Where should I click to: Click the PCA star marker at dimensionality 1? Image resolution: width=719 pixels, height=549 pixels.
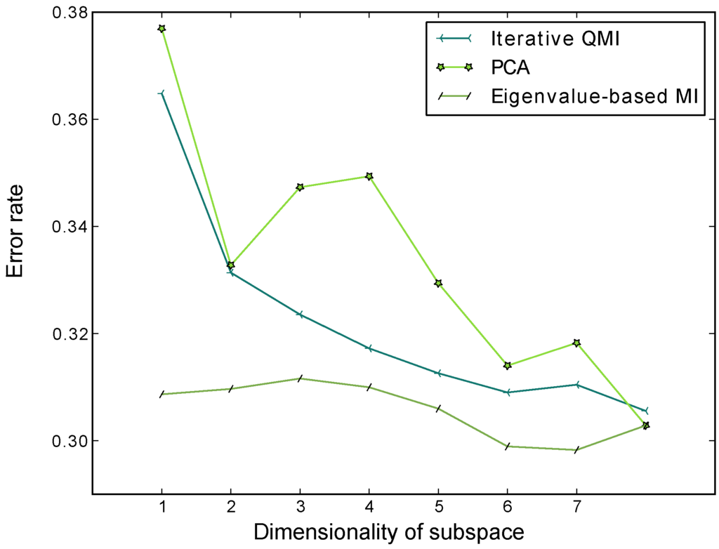pyautogui.click(x=162, y=29)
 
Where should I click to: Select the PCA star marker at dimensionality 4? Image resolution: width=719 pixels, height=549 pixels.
pyautogui.click(x=369, y=176)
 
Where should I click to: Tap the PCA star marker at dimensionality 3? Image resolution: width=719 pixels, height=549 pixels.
pyautogui.click(x=300, y=187)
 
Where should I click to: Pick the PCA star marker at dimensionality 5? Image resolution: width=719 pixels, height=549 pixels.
pyautogui.click(x=438, y=283)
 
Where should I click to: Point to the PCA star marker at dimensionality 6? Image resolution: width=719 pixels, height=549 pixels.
pyautogui.click(x=508, y=365)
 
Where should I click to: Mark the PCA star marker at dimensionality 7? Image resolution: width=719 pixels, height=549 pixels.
pyautogui.click(x=576, y=343)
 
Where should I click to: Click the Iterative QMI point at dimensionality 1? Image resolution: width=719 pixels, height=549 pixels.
pyautogui.click(x=162, y=93)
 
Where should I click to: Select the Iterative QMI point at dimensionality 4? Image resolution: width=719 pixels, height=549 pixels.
pyautogui.click(x=369, y=348)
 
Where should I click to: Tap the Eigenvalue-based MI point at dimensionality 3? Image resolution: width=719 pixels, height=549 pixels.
pyautogui.click(x=300, y=378)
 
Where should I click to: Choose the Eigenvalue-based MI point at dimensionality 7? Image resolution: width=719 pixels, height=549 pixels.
pyautogui.click(x=576, y=450)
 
